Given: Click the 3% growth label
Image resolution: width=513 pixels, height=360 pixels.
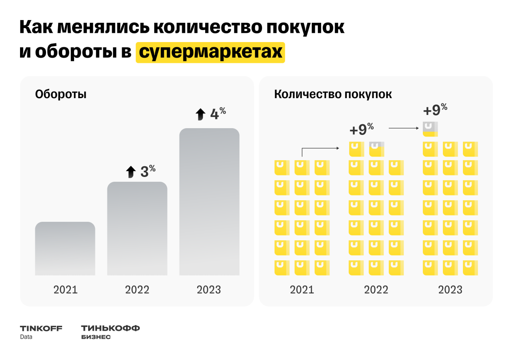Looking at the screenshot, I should pyautogui.click(x=147, y=172).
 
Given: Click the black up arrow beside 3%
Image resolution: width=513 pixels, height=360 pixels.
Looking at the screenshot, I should pyautogui.click(x=131, y=172).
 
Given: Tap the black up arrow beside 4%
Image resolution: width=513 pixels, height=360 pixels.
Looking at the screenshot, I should pyautogui.click(x=200, y=115).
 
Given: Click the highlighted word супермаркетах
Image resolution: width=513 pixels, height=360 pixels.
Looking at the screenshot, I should pyautogui.click(x=210, y=52).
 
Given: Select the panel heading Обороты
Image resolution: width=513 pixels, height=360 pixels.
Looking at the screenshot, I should pyautogui.click(x=61, y=95).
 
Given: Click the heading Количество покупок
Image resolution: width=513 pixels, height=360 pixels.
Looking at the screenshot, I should pyautogui.click(x=333, y=95).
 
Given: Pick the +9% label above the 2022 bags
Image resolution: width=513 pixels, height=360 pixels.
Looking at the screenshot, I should pyautogui.click(x=362, y=130).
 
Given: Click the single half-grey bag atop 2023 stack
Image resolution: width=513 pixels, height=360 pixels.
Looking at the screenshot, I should pyautogui.click(x=430, y=129).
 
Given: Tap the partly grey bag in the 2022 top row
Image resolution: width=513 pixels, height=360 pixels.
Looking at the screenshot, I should pyautogui.click(x=376, y=149).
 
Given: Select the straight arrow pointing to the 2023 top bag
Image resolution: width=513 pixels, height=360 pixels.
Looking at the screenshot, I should pyautogui.click(x=404, y=128).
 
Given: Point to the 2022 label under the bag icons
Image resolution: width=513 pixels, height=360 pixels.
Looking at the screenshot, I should pyautogui.click(x=376, y=290).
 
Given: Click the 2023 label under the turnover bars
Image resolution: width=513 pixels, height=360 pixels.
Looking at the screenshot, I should pyautogui.click(x=209, y=290).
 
